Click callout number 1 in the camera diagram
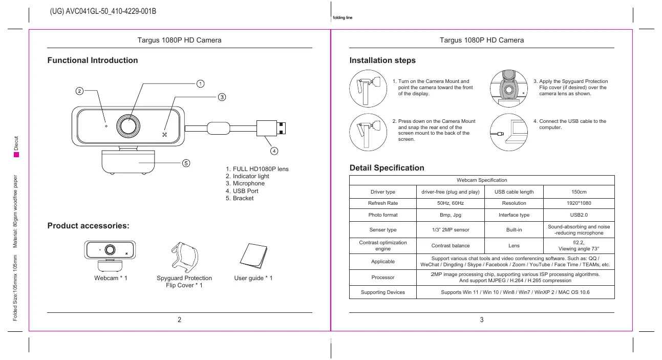pos(201,83)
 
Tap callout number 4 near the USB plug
pos(274,151)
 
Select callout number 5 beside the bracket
pos(186,163)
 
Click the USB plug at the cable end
pos(271,127)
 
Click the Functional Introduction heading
pos(93,60)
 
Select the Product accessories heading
pos(88,226)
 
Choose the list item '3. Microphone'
pos(245,183)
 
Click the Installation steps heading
pos(382,60)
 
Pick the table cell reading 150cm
pos(579,192)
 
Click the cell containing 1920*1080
pos(579,203)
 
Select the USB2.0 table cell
pos(579,215)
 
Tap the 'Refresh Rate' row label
pos(383,203)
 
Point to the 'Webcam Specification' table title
pos(482,180)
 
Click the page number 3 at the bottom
pos(482,321)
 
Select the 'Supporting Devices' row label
pos(383,292)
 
